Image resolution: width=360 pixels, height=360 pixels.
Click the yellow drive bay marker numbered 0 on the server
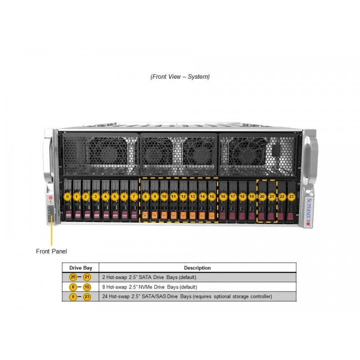67,197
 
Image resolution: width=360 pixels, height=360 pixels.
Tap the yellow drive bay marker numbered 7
134,197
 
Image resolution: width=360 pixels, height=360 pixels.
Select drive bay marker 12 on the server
183,197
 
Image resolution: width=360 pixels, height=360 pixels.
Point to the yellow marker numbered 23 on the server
291,197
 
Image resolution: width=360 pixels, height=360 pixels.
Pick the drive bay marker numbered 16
223,197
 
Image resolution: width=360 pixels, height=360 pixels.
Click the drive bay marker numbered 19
252,197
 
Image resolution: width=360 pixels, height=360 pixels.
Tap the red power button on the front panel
50,198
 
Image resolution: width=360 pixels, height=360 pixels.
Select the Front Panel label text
51,252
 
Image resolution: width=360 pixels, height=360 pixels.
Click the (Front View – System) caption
180,76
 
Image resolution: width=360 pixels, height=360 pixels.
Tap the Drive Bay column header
81,268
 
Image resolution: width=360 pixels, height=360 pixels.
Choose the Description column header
198,268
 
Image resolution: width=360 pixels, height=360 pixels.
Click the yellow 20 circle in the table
73,277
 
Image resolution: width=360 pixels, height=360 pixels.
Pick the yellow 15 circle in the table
87,287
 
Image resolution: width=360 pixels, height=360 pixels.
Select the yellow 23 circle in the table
87,297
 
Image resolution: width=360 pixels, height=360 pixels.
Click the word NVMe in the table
145,287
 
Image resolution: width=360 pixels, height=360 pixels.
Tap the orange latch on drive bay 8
145,216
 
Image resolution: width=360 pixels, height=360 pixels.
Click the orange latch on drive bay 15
211,216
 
